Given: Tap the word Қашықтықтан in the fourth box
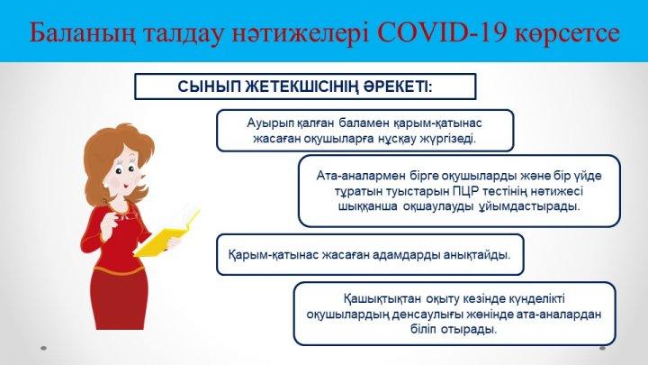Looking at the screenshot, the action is pos(382,298).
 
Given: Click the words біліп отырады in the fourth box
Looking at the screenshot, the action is pos(454,330).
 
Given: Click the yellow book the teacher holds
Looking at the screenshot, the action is pos(167,234).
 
